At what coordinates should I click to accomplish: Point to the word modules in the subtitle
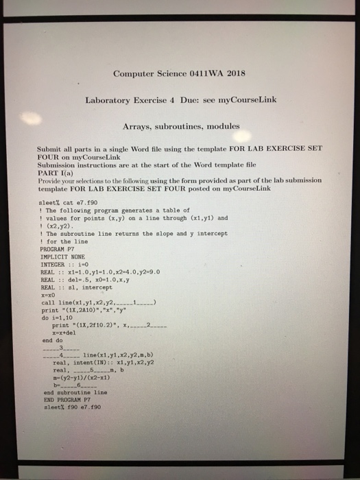[221, 126]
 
